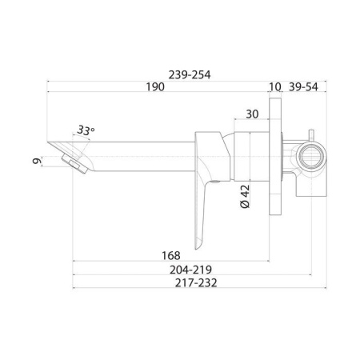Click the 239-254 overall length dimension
pos(190,75)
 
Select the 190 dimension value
pos(155,87)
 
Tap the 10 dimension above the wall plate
pos(275,87)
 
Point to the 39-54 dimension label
pos(303,87)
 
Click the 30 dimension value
pos(252,114)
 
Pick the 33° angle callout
pos(86,130)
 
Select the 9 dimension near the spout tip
pos(37,161)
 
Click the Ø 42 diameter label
pos(245,197)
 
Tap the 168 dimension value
pos(171,256)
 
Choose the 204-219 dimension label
pos(190,270)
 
